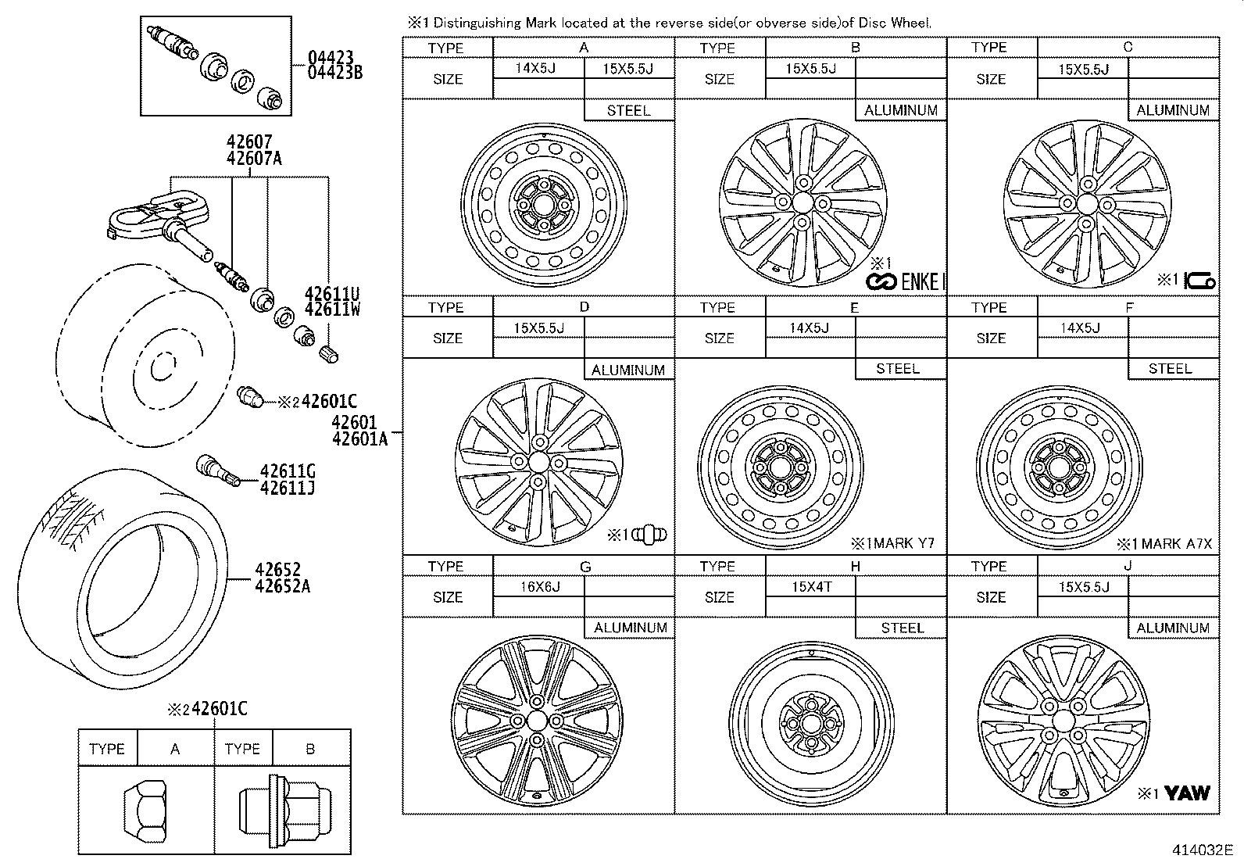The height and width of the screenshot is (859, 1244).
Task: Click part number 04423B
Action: click(x=335, y=73)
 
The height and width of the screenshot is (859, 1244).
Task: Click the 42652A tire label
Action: click(x=281, y=586)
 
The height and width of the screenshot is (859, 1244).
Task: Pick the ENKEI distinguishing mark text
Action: click(x=906, y=281)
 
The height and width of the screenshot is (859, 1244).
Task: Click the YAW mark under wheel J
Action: click(x=1186, y=793)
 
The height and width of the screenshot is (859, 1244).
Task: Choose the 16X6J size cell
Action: click(x=539, y=586)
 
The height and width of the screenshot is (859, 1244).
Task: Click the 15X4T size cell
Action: click(x=810, y=586)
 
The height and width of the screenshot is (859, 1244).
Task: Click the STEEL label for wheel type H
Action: click(x=902, y=628)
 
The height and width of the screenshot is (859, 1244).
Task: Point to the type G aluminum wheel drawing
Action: click(x=537, y=721)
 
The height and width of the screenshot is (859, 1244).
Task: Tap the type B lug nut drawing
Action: click(x=284, y=811)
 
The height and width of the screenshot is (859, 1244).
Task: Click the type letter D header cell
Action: click(x=584, y=306)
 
